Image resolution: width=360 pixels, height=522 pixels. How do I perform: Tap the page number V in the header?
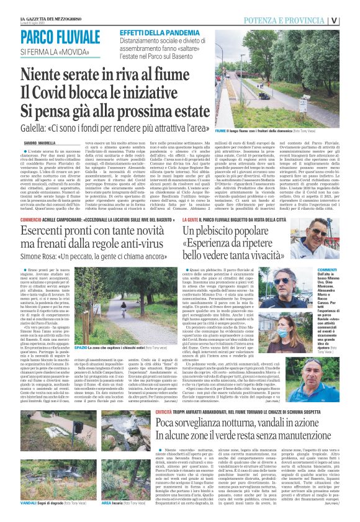point(351,19)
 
